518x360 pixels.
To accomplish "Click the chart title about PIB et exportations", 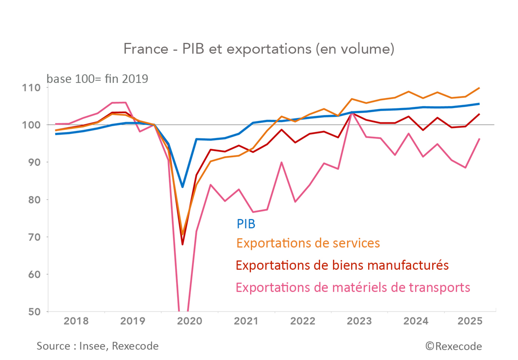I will click(x=259, y=49).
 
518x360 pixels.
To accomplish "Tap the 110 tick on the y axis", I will click(x=31, y=88).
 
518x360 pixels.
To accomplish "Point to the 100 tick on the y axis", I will click(x=31, y=125).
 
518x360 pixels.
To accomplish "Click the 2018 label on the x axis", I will click(x=76, y=321).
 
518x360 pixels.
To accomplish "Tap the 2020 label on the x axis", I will click(x=189, y=321).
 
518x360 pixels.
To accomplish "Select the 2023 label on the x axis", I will click(x=359, y=321).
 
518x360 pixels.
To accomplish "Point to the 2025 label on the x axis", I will click(x=470, y=321).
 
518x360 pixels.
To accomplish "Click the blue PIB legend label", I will click(x=246, y=224).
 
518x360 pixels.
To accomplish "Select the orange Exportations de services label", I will click(x=308, y=243).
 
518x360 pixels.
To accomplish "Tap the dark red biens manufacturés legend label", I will click(x=342, y=265).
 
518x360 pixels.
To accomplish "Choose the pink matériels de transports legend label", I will click(x=353, y=288).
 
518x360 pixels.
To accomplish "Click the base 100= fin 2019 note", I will click(x=97, y=79).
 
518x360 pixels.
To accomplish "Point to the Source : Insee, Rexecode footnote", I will click(x=98, y=346).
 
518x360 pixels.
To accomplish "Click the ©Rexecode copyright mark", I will click(x=454, y=346).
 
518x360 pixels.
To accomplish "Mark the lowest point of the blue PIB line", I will click(x=183, y=187).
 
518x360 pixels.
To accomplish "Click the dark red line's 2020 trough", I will click(x=183, y=244).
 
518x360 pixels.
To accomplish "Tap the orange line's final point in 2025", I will click(x=479, y=88).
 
